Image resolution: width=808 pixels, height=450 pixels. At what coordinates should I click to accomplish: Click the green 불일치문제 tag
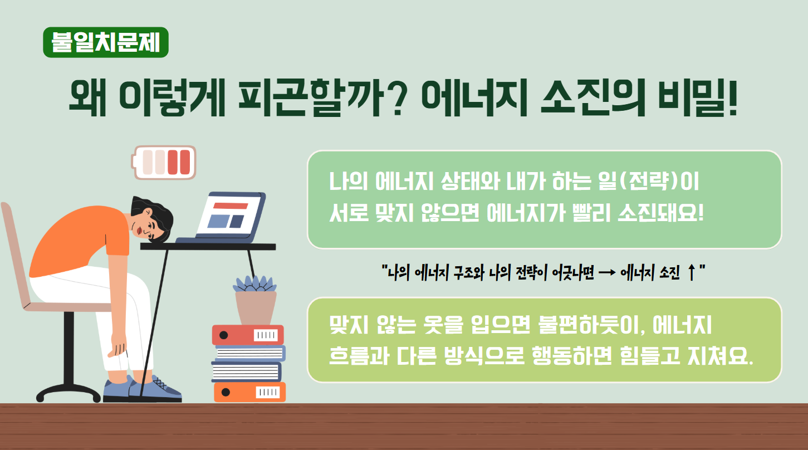[x=106, y=42]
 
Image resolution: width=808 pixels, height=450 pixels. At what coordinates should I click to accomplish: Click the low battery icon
[x=164, y=163]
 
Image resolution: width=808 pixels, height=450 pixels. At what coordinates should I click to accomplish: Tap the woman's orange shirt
[x=80, y=240]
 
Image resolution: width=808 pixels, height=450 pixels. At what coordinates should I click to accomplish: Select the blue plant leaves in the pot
[x=255, y=284]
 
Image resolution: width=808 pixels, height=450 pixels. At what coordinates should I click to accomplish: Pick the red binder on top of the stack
[x=248, y=335]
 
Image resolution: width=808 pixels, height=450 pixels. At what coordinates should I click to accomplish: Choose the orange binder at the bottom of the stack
[x=249, y=392]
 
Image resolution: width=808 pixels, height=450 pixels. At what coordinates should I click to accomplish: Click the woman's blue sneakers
[x=143, y=390]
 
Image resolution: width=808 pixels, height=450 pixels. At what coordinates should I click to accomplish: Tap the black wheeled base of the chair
[x=68, y=392]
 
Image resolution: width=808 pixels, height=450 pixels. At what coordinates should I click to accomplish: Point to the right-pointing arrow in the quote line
[x=607, y=273]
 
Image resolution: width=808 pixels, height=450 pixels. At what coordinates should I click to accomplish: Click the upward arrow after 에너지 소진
[x=691, y=272]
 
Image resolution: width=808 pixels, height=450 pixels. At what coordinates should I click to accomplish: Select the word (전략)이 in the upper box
[x=659, y=182]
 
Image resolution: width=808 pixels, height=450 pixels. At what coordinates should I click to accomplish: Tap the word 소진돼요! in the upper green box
[x=661, y=213]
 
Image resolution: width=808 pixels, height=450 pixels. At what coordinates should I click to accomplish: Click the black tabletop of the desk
[x=208, y=247]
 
